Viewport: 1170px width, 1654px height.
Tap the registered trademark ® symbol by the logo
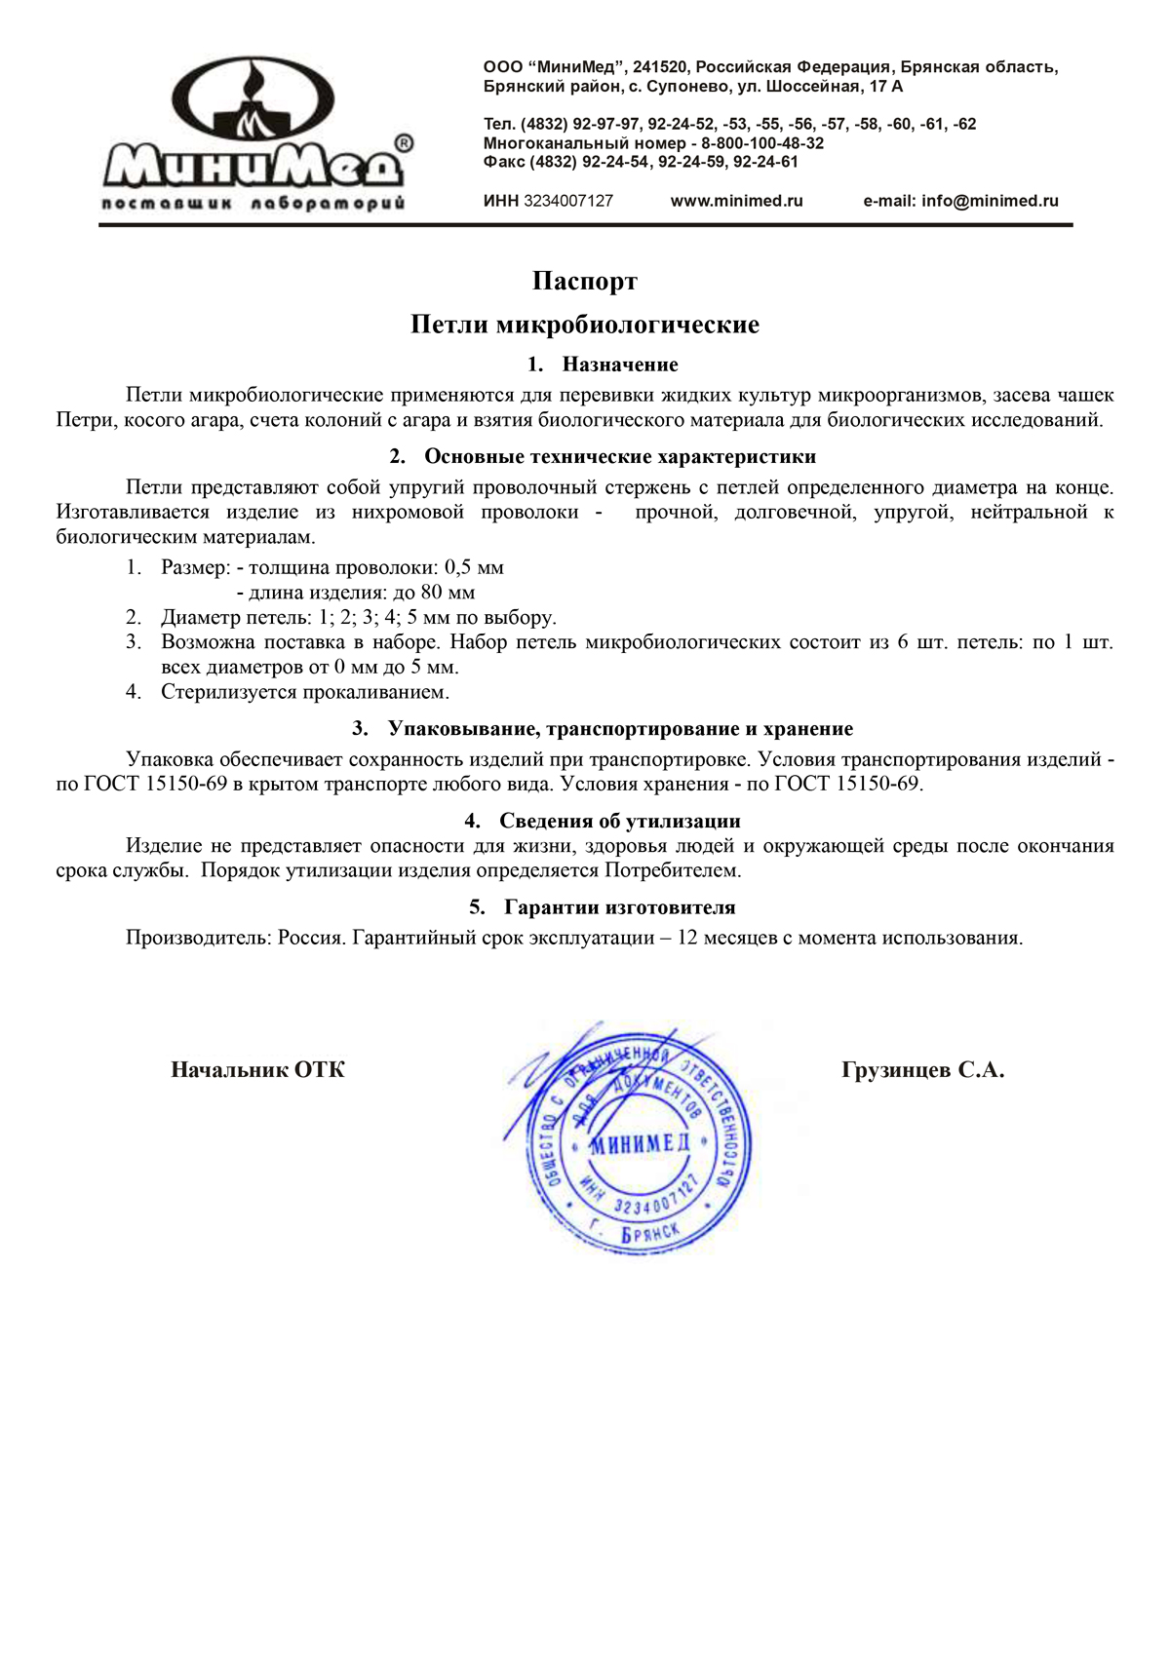pos(402,143)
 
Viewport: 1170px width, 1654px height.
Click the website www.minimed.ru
pos(736,201)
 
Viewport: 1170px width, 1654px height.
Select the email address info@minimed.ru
pos(989,201)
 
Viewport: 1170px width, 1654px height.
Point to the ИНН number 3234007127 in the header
pos(568,201)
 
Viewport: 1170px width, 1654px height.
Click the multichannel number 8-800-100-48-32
pos(762,143)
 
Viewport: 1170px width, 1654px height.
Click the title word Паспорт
pos(585,282)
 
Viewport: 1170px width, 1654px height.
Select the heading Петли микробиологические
pos(585,325)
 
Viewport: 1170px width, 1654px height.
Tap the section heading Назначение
pos(620,365)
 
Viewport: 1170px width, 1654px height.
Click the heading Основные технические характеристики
pos(620,457)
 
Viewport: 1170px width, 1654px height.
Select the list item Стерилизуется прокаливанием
pos(305,692)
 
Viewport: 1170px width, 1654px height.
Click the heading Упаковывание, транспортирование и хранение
pos(620,729)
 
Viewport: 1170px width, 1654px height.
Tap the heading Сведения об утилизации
pos(620,821)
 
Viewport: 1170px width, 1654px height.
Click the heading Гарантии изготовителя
pos(620,907)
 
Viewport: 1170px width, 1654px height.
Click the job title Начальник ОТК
pos(257,1070)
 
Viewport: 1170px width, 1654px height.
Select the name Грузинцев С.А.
pos(922,1070)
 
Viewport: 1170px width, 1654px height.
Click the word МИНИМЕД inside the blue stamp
pos(640,1143)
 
